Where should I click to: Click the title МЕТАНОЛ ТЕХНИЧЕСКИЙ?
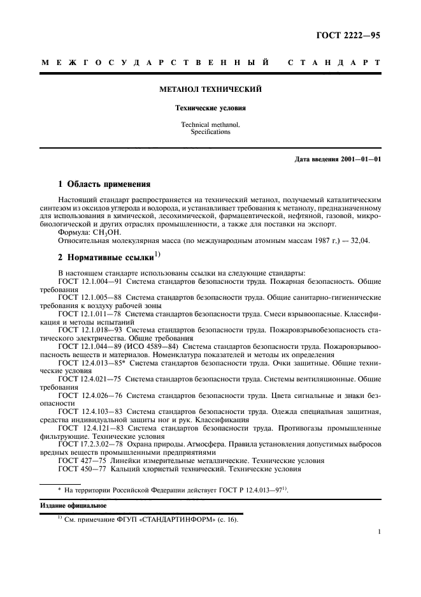210,90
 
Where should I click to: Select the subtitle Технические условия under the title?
210,108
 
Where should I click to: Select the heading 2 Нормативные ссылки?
102,257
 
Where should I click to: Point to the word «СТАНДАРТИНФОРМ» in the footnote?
161,519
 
